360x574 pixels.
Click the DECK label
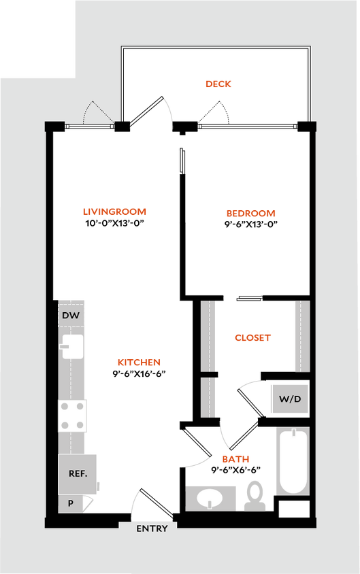[219, 84]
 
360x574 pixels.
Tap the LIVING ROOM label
[114, 212]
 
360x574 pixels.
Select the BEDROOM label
[251, 214]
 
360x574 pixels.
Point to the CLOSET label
[253, 337]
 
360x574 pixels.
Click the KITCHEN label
[140, 362]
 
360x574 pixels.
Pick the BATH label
[235, 460]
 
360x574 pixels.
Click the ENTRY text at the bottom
[152, 528]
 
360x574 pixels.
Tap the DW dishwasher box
[71, 316]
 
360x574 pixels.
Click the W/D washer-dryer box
[289, 399]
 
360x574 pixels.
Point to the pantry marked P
[71, 504]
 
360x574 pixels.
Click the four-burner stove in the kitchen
[73, 415]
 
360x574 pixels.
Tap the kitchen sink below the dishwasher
[71, 346]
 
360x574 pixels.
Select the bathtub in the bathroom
[293, 461]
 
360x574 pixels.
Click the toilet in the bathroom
[255, 495]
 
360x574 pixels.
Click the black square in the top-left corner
[37, 37]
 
